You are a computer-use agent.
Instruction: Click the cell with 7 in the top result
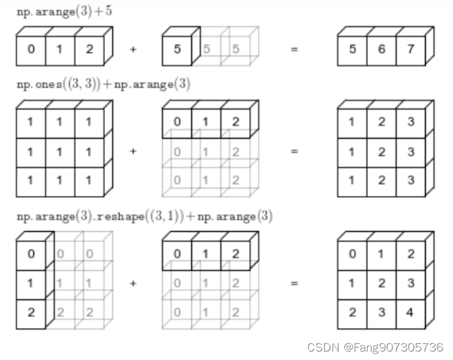click(x=409, y=49)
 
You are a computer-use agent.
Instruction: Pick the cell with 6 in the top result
click(x=381, y=49)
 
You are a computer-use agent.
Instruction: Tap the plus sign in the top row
click(x=133, y=49)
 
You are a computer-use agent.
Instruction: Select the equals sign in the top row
click(x=294, y=49)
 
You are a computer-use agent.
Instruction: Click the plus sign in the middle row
click(x=133, y=151)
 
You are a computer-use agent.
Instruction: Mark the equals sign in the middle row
click(x=294, y=151)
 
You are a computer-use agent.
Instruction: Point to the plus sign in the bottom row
click(x=133, y=283)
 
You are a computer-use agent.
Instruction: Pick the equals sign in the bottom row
click(x=294, y=283)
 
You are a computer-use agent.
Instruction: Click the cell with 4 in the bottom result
click(x=409, y=312)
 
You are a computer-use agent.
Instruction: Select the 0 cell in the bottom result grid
click(x=352, y=255)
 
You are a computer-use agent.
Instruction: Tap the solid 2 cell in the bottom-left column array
click(x=31, y=312)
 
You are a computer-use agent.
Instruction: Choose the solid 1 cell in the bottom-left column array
click(x=31, y=283)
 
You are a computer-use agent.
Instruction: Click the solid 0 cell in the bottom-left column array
click(x=31, y=255)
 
